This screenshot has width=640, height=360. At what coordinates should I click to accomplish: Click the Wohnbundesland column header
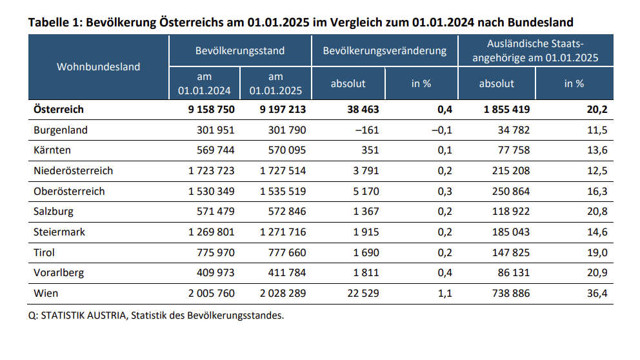pos(98,67)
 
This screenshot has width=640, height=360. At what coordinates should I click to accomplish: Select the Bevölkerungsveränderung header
pos(385,51)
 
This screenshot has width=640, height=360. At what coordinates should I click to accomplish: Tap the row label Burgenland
pos(60,130)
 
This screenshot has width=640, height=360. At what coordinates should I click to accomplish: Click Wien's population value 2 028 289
pos(278,294)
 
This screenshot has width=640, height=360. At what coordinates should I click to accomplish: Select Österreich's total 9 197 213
pos(278,110)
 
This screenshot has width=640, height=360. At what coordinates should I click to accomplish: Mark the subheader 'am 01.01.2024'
pos(205,84)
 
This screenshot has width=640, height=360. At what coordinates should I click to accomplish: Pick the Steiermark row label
pos(59,232)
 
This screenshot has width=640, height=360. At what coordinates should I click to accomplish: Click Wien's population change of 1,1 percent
pos(445,294)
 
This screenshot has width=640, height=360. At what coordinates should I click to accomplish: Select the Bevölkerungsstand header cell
pos(240,51)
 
